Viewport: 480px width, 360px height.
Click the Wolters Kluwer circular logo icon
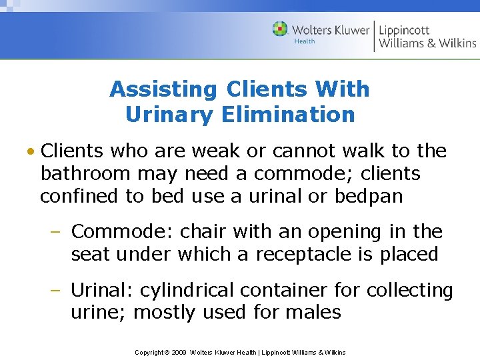coord(281,29)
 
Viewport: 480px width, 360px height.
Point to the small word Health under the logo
coord(305,41)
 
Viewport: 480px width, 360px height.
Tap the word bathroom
coord(85,174)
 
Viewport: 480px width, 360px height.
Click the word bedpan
coord(379,197)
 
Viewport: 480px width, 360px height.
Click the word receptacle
coord(309,254)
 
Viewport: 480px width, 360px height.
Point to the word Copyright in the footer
coord(149,352)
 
